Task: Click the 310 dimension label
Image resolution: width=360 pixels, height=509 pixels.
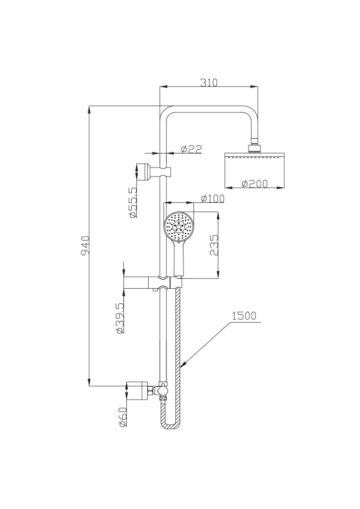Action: click(x=209, y=83)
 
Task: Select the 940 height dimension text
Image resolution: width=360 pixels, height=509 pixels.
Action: click(x=85, y=246)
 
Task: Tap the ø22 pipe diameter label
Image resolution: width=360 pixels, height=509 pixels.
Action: click(x=191, y=149)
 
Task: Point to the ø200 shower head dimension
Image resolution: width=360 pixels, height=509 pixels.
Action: click(x=255, y=183)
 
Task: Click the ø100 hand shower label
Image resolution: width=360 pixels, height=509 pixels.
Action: click(x=212, y=199)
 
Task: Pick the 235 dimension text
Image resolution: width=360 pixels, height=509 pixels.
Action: click(x=213, y=245)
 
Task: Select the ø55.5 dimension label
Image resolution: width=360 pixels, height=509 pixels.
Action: click(x=132, y=202)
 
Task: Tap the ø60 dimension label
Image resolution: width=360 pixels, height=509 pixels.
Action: click(x=123, y=417)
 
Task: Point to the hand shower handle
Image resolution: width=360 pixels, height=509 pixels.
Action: click(x=179, y=258)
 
